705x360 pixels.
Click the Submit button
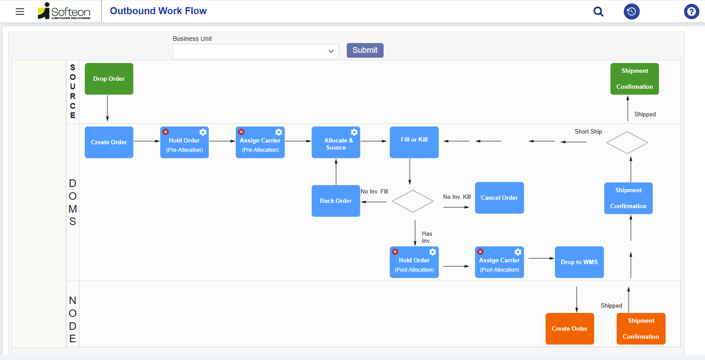point(365,50)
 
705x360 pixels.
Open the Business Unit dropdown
point(255,51)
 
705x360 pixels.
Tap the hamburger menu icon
point(20,12)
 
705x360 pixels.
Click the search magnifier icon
point(598,12)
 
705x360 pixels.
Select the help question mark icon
point(691,12)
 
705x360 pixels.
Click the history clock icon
point(631,12)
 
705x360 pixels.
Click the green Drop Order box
point(109,79)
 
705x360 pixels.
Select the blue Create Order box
point(109,142)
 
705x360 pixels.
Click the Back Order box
point(336,201)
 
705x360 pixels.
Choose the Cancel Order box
point(499,198)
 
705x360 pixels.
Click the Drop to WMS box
point(579,262)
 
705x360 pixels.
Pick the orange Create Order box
point(570,328)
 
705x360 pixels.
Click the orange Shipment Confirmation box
point(641,328)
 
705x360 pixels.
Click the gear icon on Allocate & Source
point(354,132)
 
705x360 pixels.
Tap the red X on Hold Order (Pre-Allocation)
point(166,132)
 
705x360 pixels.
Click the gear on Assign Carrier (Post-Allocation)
point(518,252)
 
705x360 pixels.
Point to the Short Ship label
point(588,131)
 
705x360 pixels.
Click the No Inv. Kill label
point(457,197)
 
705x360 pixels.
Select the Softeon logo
point(64,11)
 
